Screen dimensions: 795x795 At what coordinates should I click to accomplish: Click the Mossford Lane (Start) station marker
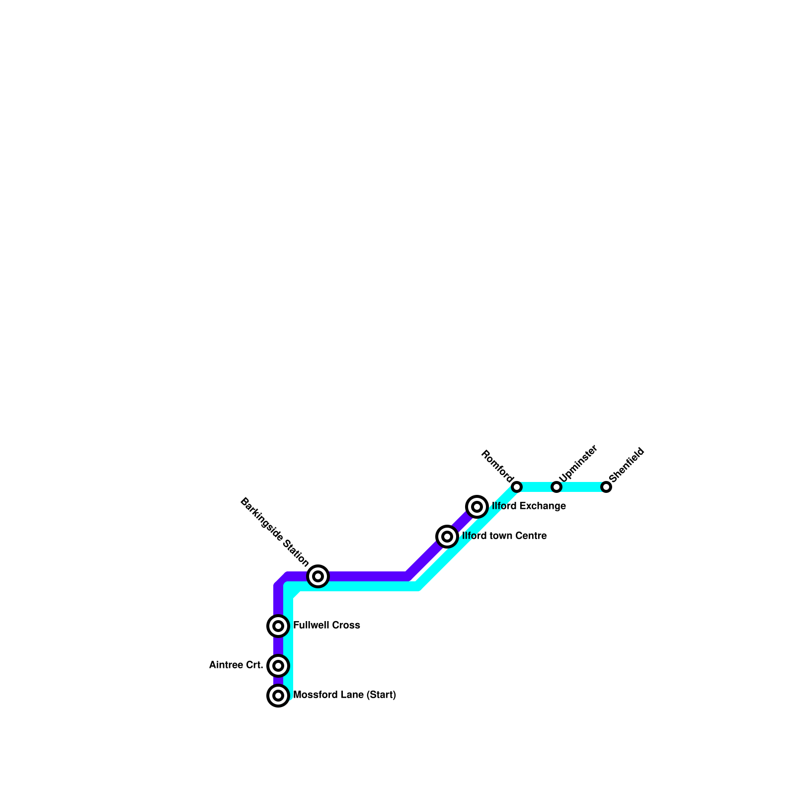[x=278, y=695]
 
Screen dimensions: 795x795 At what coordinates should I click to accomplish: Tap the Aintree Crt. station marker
[x=278, y=665]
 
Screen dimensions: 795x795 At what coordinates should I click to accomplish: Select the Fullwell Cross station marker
[x=278, y=626]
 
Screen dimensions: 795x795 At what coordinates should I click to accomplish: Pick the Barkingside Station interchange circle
[x=318, y=576]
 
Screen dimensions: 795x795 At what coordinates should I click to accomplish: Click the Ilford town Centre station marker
[x=447, y=536]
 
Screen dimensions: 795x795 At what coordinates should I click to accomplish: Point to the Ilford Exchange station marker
[x=477, y=506]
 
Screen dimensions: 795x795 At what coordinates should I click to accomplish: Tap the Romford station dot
[x=517, y=486]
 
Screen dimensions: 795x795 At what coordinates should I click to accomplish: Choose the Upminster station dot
[x=556, y=486]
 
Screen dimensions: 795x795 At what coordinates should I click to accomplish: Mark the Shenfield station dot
[x=606, y=486]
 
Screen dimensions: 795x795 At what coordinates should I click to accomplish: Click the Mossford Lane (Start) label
[x=344, y=695]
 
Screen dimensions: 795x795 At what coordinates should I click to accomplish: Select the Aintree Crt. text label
[x=236, y=665]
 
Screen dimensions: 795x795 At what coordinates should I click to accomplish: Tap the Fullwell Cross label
[x=326, y=625]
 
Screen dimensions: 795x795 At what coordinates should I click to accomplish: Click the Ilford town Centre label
[x=504, y=536]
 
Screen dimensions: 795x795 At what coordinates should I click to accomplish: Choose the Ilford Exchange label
[x=529, y=506]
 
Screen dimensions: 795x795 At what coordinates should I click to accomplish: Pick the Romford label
[x=496, y=466]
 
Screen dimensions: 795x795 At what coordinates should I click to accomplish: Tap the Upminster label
[x=578, y=463]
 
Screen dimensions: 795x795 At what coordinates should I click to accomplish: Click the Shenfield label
[x=627, y=465]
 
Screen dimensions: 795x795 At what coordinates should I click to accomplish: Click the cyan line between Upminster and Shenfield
[x=581, y=486]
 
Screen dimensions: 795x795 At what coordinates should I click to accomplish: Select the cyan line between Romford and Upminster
[x=537, y=486]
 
